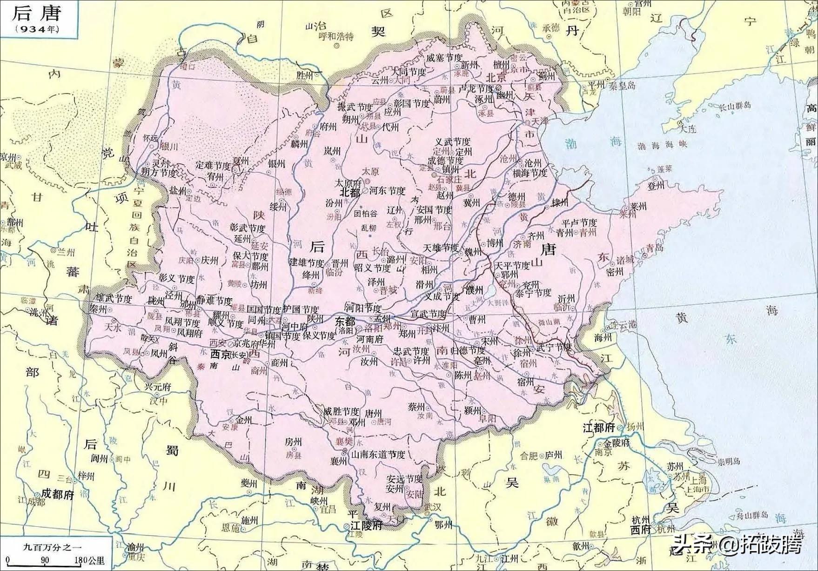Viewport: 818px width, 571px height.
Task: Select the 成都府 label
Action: (x=58, y=494)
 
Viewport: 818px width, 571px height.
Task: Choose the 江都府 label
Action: (x=599, y=428)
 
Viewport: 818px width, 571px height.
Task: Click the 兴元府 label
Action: (x=158, y=387)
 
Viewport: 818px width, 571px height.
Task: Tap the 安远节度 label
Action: (x=405, y=479)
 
